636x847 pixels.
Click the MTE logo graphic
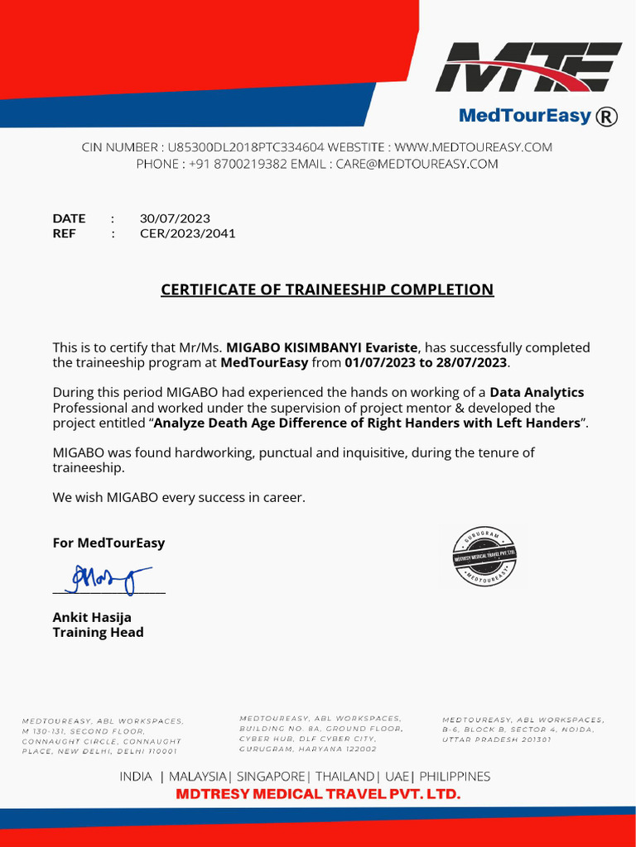[528, 67]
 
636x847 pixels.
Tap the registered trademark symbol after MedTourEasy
[607, 117]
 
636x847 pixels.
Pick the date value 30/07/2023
[175, 218]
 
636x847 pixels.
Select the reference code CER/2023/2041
[187, 233]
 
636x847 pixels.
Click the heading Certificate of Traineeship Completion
[326, 290]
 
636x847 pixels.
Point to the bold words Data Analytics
[537, 392]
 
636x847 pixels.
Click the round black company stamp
[485, 556]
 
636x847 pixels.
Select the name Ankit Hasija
[92, 617]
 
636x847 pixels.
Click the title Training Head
[98, 633]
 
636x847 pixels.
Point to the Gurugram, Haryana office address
[320, 734]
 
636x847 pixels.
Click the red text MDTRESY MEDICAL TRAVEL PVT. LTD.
[318, 794]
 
